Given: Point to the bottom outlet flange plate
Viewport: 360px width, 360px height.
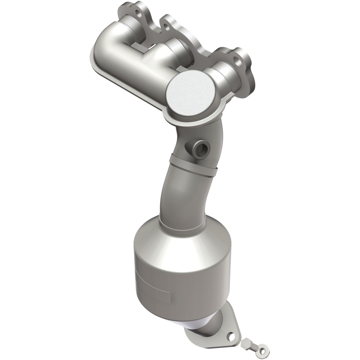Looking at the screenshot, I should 211,333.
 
